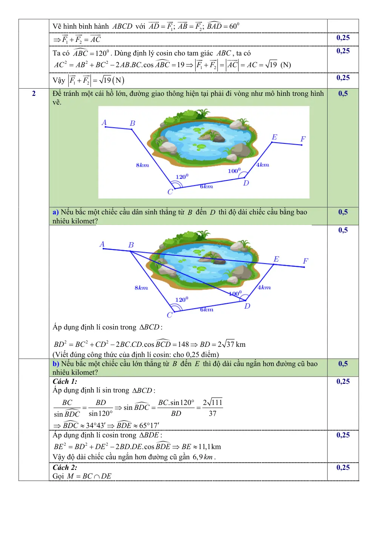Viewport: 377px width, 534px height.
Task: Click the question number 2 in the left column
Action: click(34, 94)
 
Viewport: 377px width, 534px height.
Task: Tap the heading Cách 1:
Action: click(65, 382)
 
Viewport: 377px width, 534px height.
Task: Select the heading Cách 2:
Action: click(65, 467)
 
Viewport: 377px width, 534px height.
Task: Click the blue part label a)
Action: click(55, 212)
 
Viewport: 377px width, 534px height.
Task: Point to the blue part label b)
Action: click(56, 363)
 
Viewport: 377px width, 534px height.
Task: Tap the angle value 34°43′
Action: click(95, 425)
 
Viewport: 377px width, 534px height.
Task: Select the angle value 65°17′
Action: click(149, 425)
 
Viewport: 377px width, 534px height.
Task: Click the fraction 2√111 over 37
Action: click(212, 408)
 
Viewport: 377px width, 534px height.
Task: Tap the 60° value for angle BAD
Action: click(234, 26)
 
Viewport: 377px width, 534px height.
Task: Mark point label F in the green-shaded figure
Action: click(303, 139)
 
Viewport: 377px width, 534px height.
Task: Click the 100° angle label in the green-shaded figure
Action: click(234, 171)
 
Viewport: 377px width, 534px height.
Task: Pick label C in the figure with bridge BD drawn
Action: click(169, 315)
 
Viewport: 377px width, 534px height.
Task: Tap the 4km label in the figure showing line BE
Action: click(264, 288)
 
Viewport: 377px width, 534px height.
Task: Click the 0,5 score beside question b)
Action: click(343, 364)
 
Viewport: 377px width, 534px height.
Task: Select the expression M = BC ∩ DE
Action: click(89, 476)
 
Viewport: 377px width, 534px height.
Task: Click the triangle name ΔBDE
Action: click(149, 435)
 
